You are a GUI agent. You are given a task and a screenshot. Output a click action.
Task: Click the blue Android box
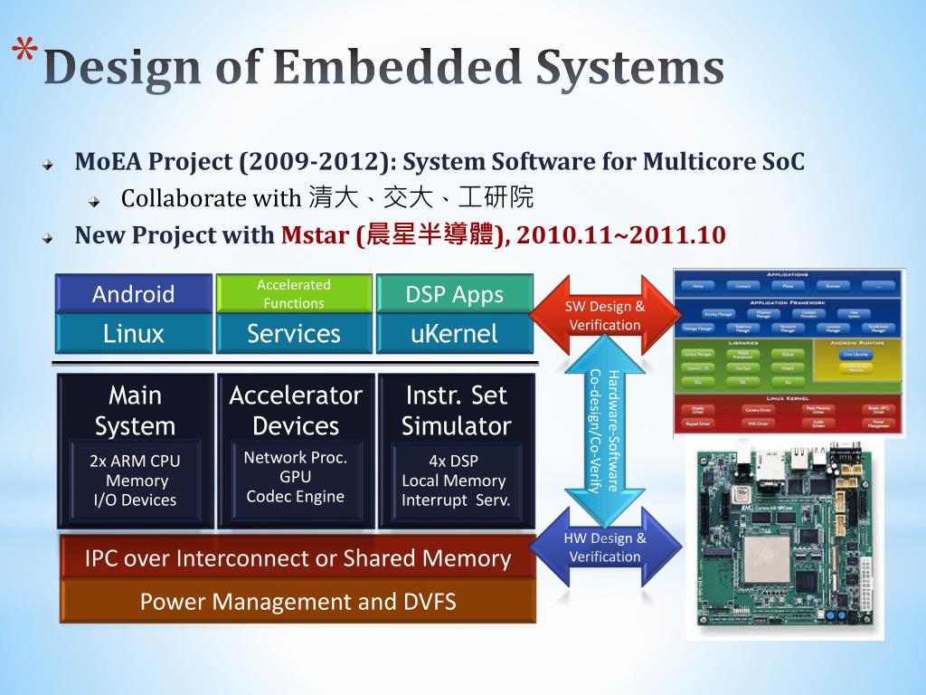click(134, 293)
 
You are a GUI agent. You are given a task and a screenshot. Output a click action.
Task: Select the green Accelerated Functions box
click(294, 293)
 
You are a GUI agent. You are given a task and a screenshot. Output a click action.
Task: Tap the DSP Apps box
click(454, 293)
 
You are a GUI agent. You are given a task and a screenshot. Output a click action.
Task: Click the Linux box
click(134, 333)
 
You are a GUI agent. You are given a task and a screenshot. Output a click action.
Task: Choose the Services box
click(294, 333)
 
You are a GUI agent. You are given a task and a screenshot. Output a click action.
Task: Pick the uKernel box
click(454, 333)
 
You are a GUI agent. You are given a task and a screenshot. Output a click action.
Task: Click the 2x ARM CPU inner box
click(135, 481)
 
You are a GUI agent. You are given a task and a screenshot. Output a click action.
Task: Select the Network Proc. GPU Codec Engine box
click(296, 477)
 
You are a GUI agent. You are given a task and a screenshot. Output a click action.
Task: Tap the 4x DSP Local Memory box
click(454, 481)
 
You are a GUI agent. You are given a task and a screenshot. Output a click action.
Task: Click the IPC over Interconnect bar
click(298, 558)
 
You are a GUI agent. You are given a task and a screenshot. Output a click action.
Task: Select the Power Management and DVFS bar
click(298, 602)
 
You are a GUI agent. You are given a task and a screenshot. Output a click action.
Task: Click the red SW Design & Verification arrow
click(605, 315)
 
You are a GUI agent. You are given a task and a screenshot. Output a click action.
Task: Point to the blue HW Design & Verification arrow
click(605, 547)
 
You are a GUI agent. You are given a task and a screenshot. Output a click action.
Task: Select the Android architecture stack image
click(789, 353)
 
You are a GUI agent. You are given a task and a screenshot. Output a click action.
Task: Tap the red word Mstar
click(316, 235)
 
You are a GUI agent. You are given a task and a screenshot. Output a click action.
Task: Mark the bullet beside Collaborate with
click(94, 199)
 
